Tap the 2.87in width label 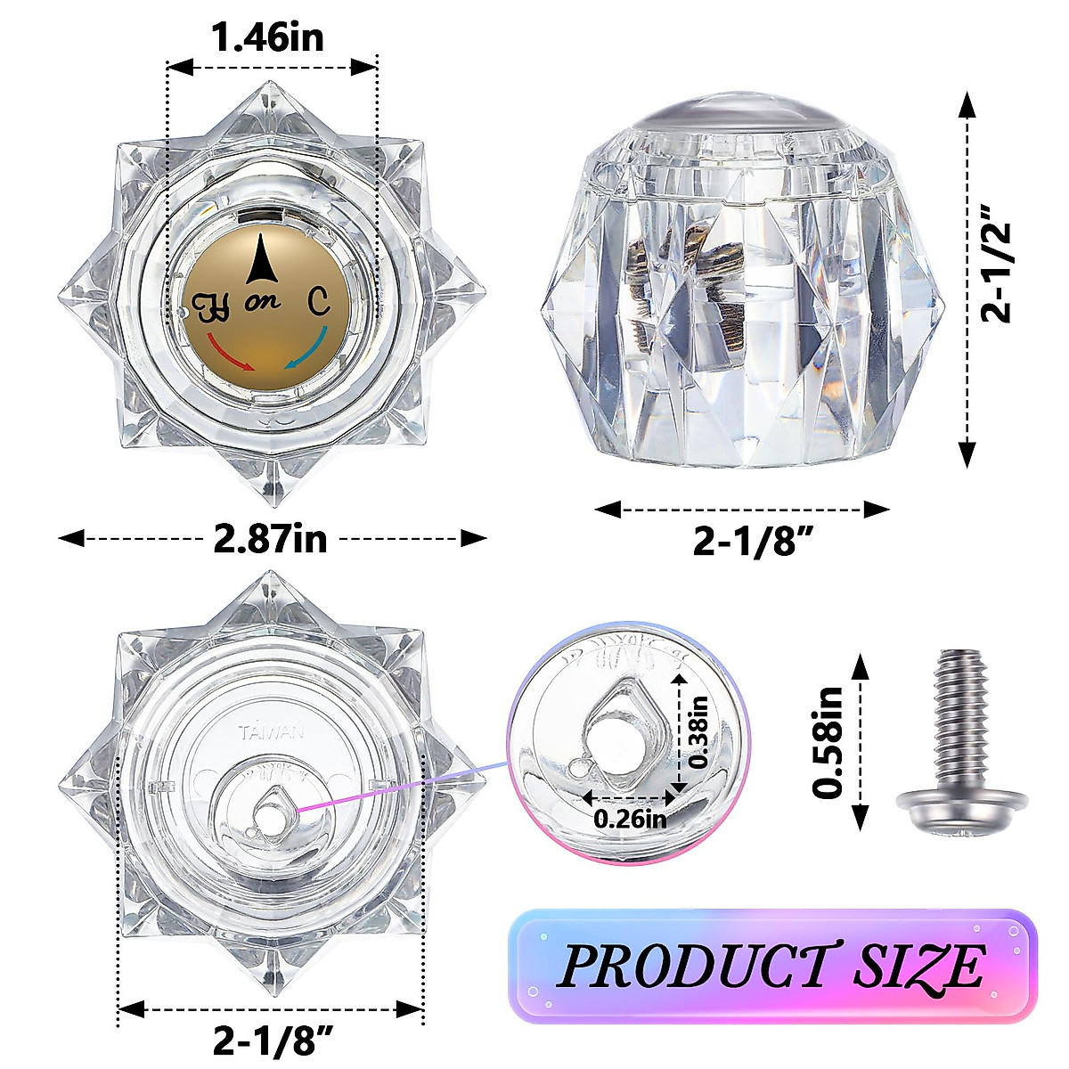point(270,539)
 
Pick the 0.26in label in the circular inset point(631,817)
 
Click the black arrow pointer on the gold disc point(260,259)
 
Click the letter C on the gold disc point(318,303)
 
